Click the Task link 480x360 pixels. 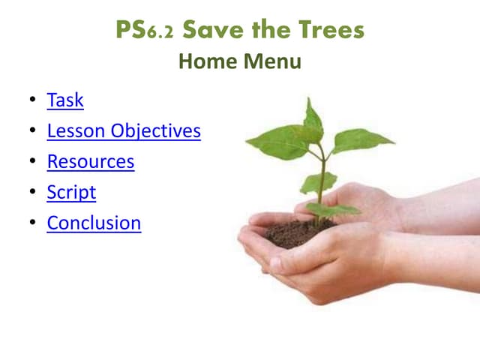[65, 100]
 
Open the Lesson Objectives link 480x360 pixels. [124, 130]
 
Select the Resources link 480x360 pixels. [91, 161]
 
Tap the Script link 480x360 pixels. [71, 192]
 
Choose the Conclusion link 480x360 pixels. [94, 223]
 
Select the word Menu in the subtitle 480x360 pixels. [272, 61]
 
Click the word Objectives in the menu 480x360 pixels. [156, 130]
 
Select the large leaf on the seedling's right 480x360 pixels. [360, 139]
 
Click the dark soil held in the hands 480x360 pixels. [296, 232]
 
